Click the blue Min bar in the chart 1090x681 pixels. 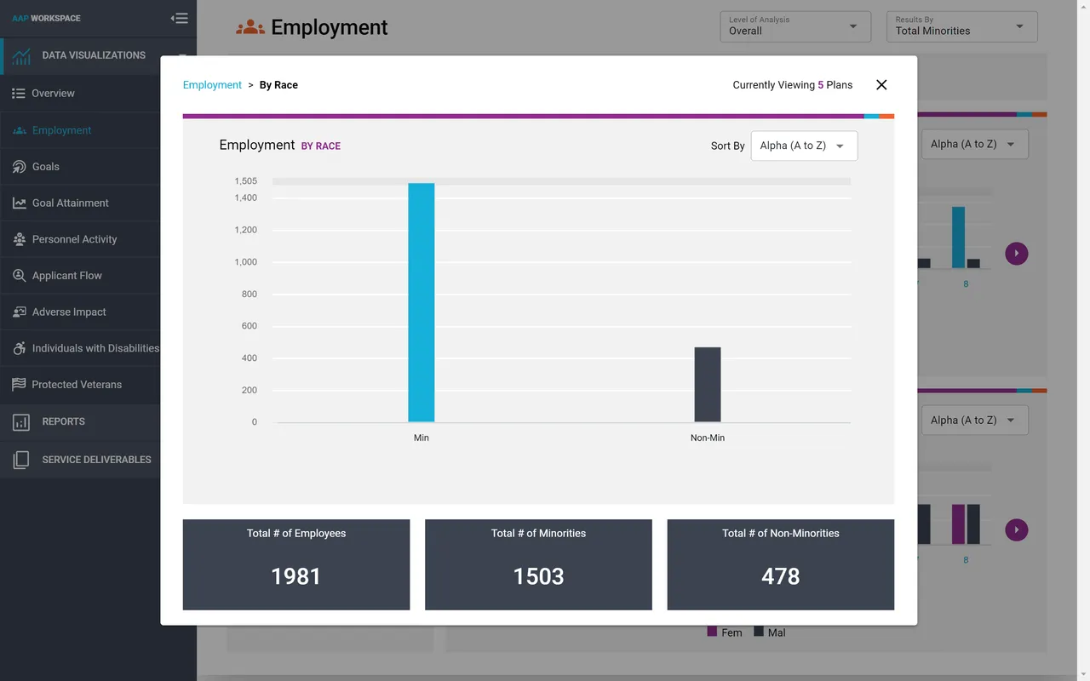pos(421,302)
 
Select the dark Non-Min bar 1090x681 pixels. pos(707,384)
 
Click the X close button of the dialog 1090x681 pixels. pos(881,85)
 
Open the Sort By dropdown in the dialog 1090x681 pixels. pos(803,146)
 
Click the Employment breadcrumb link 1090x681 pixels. pos(212,85)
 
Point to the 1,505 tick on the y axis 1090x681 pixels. pos(245,181)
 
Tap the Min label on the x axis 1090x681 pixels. pos(421,438)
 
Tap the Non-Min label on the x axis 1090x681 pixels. pos(707,438)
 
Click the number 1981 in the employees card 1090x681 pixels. pos(295,576)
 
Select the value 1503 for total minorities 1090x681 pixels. pos(538,576)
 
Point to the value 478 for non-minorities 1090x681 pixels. pos(780,576)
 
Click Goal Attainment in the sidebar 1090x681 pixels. pos(70,203)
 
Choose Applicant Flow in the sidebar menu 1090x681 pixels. pos(66,276)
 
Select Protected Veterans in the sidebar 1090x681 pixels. pos(77,385)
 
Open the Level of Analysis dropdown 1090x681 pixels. pos(794,26)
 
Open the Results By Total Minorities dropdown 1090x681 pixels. pos(961,26)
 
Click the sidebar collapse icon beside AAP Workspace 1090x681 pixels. pos(179,18)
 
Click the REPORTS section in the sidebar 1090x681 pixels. pos(63,421)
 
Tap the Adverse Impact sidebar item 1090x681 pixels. pos(69,312)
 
